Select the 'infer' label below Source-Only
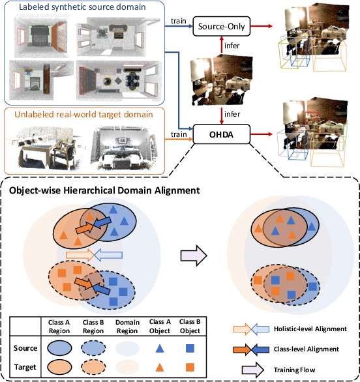[232, 47]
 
